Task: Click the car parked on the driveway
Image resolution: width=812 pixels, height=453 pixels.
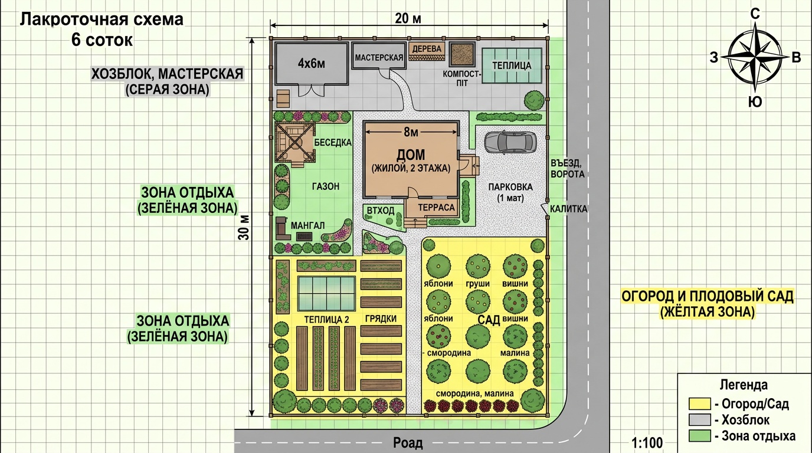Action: (510, 142)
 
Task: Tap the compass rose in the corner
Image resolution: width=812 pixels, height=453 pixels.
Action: (755, 58)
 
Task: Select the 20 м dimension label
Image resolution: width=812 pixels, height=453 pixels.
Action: (408, 18)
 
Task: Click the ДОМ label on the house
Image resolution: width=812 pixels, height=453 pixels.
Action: (411, 155)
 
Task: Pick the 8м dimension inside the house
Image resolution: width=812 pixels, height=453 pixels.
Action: (411, 133)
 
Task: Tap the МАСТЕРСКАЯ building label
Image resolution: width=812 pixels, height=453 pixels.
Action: (379, 58)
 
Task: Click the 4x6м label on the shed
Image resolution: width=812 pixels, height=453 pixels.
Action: (312, 64)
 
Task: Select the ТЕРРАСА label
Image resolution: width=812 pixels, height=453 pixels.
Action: (436, 207)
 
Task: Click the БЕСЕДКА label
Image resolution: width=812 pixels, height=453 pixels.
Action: (333, 142)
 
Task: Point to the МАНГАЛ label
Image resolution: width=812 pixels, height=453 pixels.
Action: (308, 225)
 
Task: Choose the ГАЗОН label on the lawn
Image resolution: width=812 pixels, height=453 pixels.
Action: (326, 186)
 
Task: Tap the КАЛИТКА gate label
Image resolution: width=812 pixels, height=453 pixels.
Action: (568, 209)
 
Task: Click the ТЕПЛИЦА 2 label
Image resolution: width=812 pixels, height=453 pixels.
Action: (326, 320)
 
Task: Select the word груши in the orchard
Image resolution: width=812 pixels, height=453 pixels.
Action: (478, 284)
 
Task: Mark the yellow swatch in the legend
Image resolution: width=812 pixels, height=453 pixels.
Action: (700, 403)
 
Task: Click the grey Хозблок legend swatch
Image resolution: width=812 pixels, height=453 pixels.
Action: (700, 419)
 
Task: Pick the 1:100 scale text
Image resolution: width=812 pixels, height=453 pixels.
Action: (647, 442)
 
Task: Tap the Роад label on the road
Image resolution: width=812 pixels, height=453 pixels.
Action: (408, 442)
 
